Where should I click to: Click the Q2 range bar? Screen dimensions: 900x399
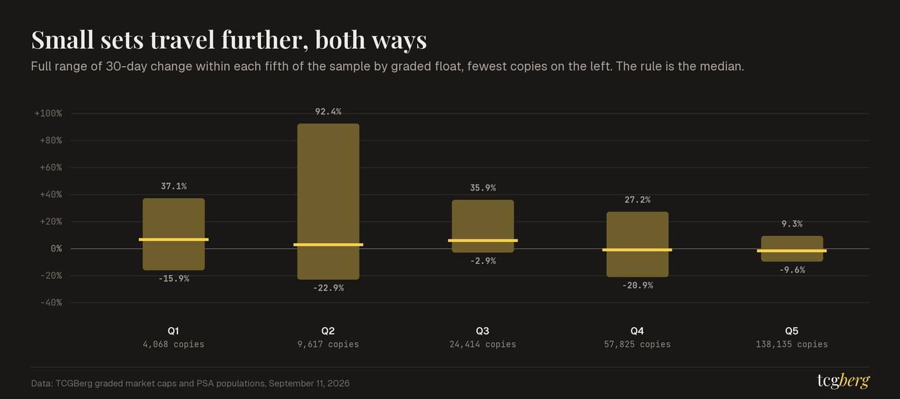(x=328, y=201)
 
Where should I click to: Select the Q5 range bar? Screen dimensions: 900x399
(x=792, y=248)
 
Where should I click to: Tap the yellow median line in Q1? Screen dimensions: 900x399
(x=174, y=239)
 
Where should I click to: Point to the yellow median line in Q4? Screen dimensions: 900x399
(x=637, y=250)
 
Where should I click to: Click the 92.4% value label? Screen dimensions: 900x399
(x=328, y=112)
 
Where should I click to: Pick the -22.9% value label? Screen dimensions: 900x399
(x=328, y=288)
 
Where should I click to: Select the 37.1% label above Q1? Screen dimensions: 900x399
(x=174, y=186)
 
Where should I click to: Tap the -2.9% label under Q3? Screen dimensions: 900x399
(x=483, y=261)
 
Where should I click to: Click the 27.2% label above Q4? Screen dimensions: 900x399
(x=637, y=200)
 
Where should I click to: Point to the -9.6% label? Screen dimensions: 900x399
(x=792, y=270)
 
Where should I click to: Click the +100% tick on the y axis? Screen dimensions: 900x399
(x=48, y=113)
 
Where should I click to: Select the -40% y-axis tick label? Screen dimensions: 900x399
(x=51, y=303)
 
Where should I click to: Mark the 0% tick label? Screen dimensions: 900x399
(x=57, y=249)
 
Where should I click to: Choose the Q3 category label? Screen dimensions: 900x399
(x=483, y=331)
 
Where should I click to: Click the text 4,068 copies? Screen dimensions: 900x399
(x=174, y=345)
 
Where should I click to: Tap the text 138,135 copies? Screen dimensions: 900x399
(x=792, y=345)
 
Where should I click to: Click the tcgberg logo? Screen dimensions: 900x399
(x=843, y=380)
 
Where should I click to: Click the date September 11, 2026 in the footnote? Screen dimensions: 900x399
(x=309, y=384)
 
